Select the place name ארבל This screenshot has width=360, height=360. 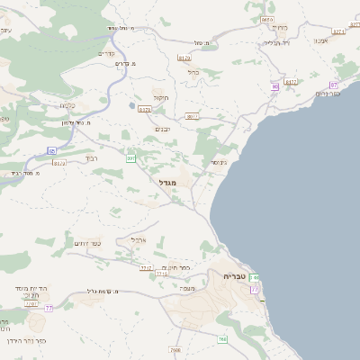(x=139, y=240)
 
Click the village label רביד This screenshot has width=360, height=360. (x=91, y=157)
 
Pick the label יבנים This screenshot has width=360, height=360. (x=163, y=129)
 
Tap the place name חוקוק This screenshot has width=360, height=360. (x=161, y=97)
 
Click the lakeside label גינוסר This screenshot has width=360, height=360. (x=219, y=162)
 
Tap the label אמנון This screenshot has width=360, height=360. (x=321, y=40)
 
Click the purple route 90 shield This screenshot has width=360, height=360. (x=274, y=87)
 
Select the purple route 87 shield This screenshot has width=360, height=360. (x=333, y=84)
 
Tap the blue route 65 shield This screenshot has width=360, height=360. (x=52, y=150)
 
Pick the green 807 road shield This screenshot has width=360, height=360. (x=130, y=158)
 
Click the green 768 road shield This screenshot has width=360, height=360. (x=222, y=339)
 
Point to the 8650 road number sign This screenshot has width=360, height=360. (x=266, y=19)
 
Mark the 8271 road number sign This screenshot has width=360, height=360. (x=338, y=31)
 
